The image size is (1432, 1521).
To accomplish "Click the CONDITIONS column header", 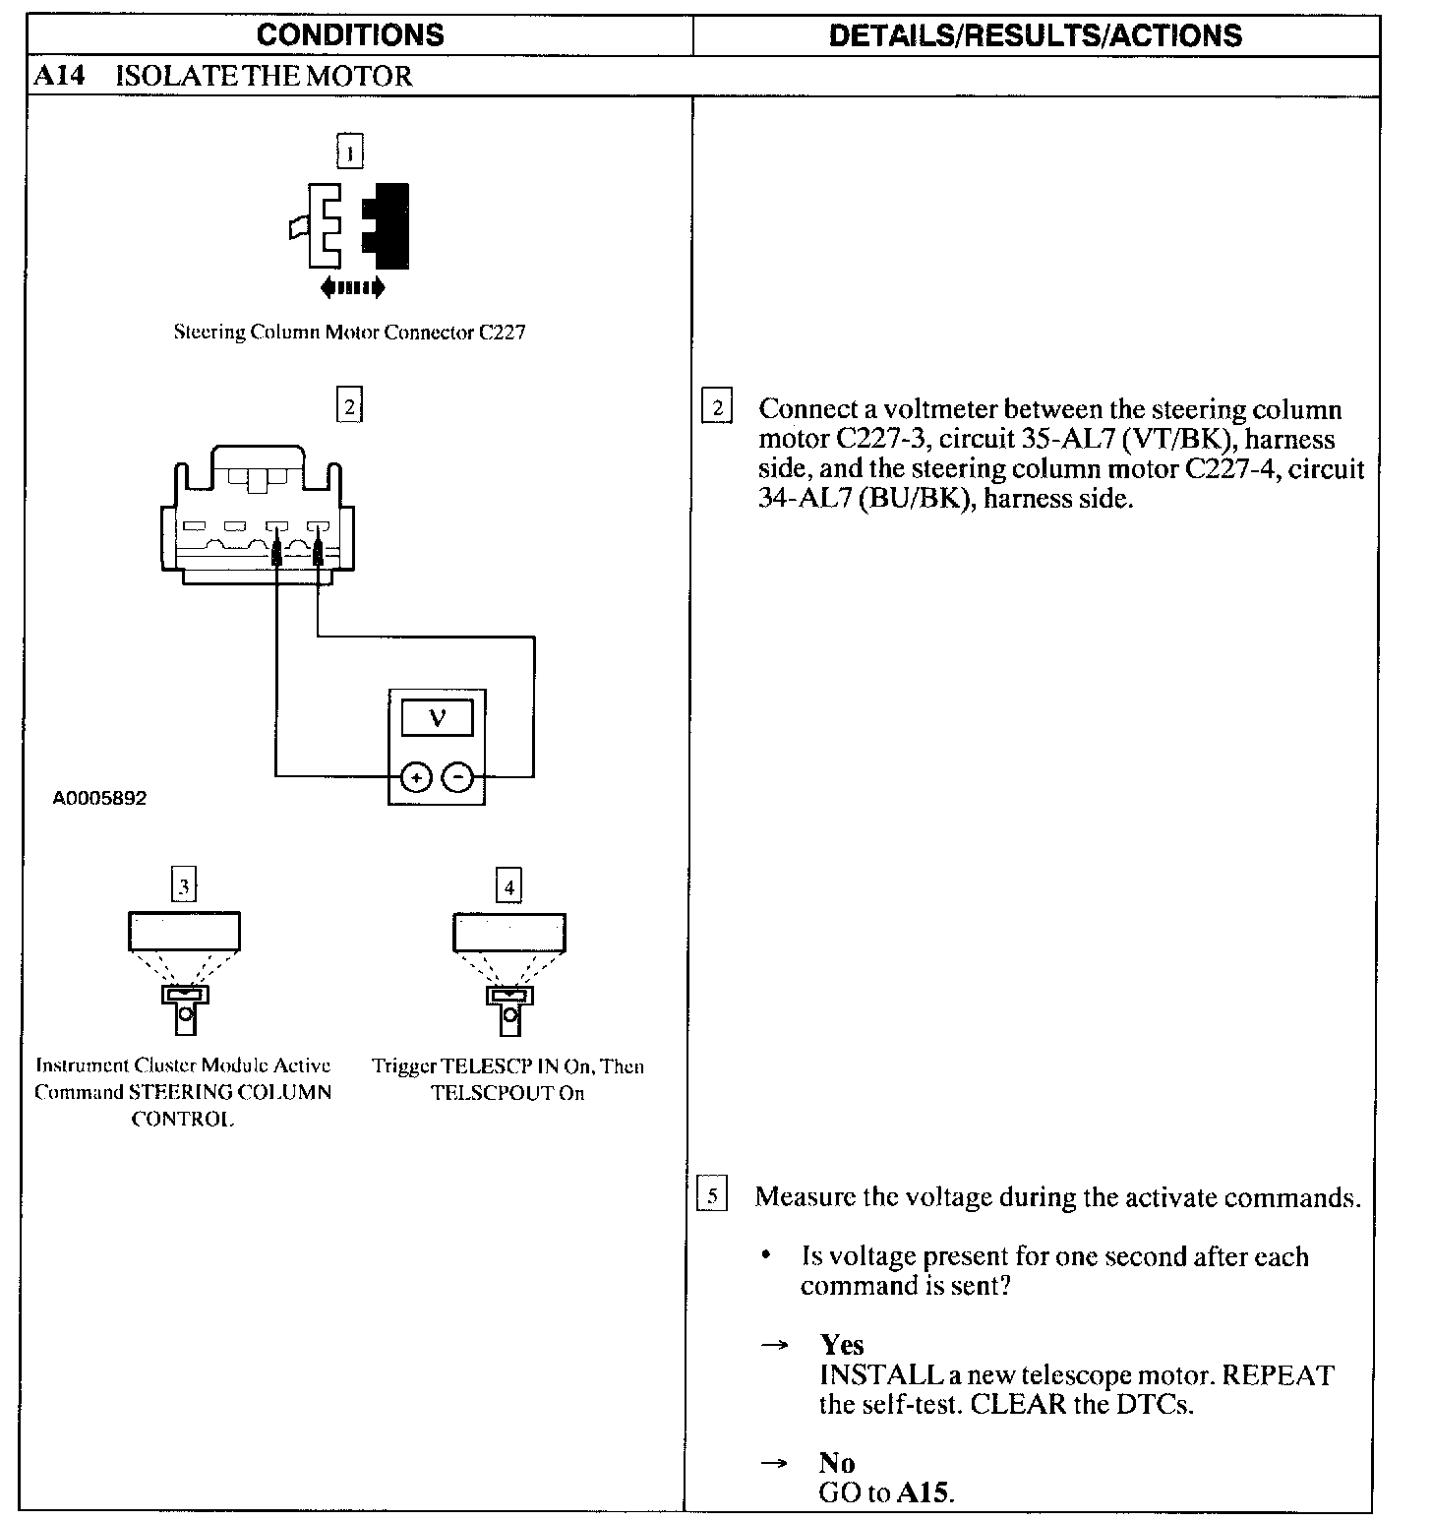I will click(x=350, y=35).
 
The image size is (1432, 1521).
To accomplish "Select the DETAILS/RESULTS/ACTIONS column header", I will click(x=1035, y=35).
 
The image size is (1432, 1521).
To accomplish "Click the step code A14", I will click(x=59, y=77).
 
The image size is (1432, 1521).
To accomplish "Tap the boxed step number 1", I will click(x=349, y=152).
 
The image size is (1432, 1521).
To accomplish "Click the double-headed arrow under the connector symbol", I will click(x=352, y=287).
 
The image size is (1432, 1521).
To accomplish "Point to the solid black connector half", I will click(x=389, y=225).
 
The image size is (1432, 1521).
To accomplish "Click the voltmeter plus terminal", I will click(x=417, y=777).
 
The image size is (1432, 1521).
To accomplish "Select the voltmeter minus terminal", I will click(x=457, y=777).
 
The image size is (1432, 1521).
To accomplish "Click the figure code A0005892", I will click(x=99, y=798).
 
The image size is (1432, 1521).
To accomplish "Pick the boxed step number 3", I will click(x=184, y=886).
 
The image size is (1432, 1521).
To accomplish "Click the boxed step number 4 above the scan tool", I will click(x=508, y=886).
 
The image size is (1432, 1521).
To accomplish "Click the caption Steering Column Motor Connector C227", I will click(x=349, y=333).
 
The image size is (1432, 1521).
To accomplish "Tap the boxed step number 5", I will click(x=712, y=1196).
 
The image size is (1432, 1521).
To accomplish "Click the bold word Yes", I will click(x=842, y=1345).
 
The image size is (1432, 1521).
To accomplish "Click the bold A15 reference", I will click(x=924, y=1492).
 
